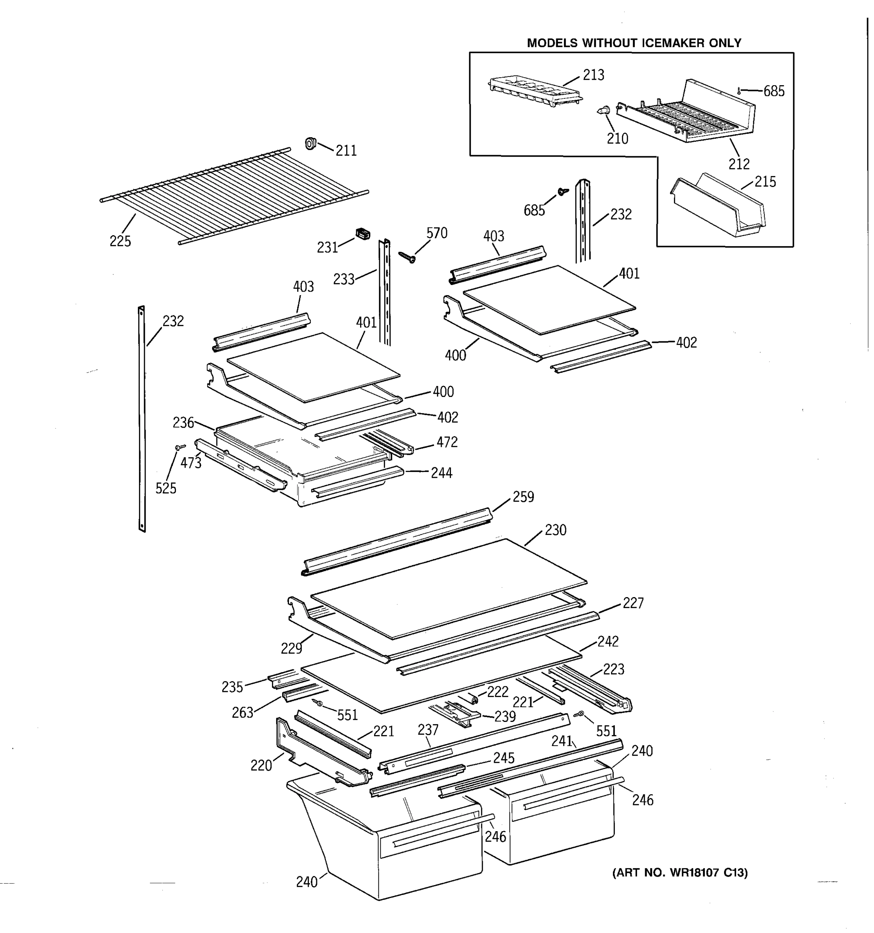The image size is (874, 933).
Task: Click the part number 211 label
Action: point(346,151)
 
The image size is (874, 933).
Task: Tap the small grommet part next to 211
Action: point(310,143)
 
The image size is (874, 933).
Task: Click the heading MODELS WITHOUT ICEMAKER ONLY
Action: point(634,43)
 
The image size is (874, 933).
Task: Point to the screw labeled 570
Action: point(407,257)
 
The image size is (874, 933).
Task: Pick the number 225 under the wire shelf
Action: point(120,241)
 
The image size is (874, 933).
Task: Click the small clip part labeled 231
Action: point(363,233)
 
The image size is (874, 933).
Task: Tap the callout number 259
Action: point(523,497)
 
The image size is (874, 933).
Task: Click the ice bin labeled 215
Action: point(717,206)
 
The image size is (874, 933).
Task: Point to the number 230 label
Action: point(555,530)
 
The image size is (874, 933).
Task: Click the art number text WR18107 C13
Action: point(680,872)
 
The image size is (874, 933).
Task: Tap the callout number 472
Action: point(447,442)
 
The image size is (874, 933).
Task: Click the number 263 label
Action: point(242,713)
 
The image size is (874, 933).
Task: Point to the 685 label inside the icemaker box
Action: point(774,91)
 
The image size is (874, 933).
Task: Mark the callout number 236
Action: point(183,423)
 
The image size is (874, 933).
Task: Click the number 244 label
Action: point(441,473)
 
